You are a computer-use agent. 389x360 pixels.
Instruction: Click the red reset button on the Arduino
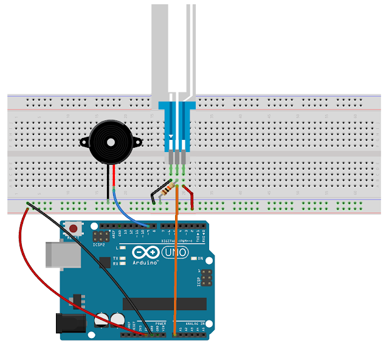point(73,229)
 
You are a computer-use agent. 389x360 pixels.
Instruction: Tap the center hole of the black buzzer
point(111,142)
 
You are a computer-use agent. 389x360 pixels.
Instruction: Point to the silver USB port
point(62,254)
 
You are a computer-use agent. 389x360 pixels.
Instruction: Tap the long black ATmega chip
point(164,303)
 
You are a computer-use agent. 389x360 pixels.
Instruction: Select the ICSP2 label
point(98,245)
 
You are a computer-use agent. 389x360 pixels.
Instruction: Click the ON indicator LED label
point(200,258)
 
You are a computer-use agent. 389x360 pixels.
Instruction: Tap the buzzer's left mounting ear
point(84,142)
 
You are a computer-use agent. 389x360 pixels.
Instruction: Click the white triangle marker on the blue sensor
point(173,136)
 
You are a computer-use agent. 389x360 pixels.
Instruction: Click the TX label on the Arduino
point(115,258)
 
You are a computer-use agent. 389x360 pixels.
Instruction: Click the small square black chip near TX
point(104,261)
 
